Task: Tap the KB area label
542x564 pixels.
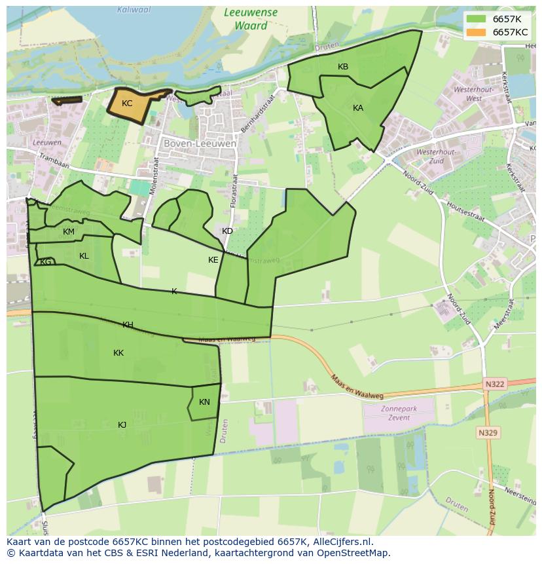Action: pos(343,67)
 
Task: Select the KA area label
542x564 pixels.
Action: pos(358,108)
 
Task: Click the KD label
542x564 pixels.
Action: pos(227,231)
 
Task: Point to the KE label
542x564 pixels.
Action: pos(213,260)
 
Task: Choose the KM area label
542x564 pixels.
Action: pos(69,232)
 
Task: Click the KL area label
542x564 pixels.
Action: pos(84,256)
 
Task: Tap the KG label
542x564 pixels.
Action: pos(46,262)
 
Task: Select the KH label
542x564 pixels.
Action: pos(128,325)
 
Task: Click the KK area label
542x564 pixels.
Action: pos(118,353)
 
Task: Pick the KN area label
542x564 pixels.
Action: pos(204,402)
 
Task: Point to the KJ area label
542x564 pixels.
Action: pos(122,425)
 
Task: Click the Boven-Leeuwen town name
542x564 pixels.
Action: pos(192,143)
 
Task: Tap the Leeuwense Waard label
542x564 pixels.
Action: pos(250,19)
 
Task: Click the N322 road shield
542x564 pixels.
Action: pos(495,384)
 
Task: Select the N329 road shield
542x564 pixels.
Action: pos(488,433)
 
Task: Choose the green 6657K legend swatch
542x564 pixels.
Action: pos(476,18)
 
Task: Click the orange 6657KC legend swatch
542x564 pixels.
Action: pos(476,32)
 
